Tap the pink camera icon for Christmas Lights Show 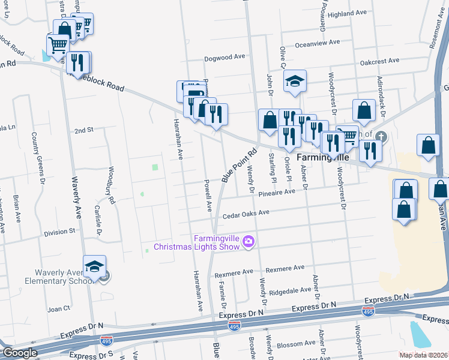coord(249,242)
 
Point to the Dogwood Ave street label coord(225,56)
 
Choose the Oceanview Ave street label coord(318,43)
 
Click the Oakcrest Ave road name coord(379,61)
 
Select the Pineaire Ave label coord(277,193)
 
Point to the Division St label coord(59,230)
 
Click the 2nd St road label coord(84,130)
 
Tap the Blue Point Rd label coord(239,164)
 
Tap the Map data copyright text coord(424,355)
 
